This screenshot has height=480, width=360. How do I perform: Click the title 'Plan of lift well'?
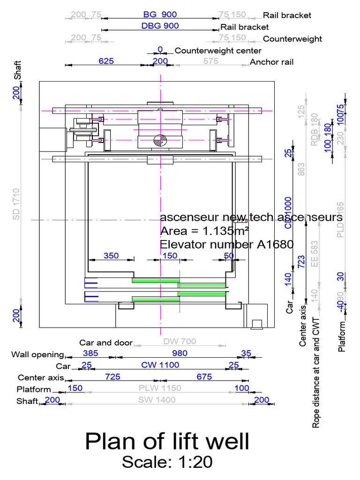[x=167, y=442]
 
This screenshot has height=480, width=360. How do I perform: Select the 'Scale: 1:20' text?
[x=167, y=462]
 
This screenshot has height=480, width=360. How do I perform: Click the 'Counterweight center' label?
[x=218, y=50]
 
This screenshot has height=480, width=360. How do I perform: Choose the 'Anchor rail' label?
[x=272, y=61]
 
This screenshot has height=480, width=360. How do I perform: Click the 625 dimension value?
[x=107, y=60]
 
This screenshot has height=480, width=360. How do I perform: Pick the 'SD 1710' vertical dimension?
[x=16, y=204]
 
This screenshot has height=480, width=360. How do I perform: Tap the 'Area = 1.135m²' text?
[x=204, y=231]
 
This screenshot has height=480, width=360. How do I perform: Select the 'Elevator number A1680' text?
[x=226, y=244]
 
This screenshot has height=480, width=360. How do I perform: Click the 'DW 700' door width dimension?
[x=180, y=341]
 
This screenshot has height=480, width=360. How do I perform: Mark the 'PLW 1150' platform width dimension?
[x=160, y=388]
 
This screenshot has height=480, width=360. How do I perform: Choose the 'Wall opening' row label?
[x=37, y=354]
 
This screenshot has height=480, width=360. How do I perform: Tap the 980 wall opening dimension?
[x=180, y=353]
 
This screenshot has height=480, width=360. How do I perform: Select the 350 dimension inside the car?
[x=111, y=255]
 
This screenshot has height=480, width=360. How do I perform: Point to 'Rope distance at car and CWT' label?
[x=316, y=373]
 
